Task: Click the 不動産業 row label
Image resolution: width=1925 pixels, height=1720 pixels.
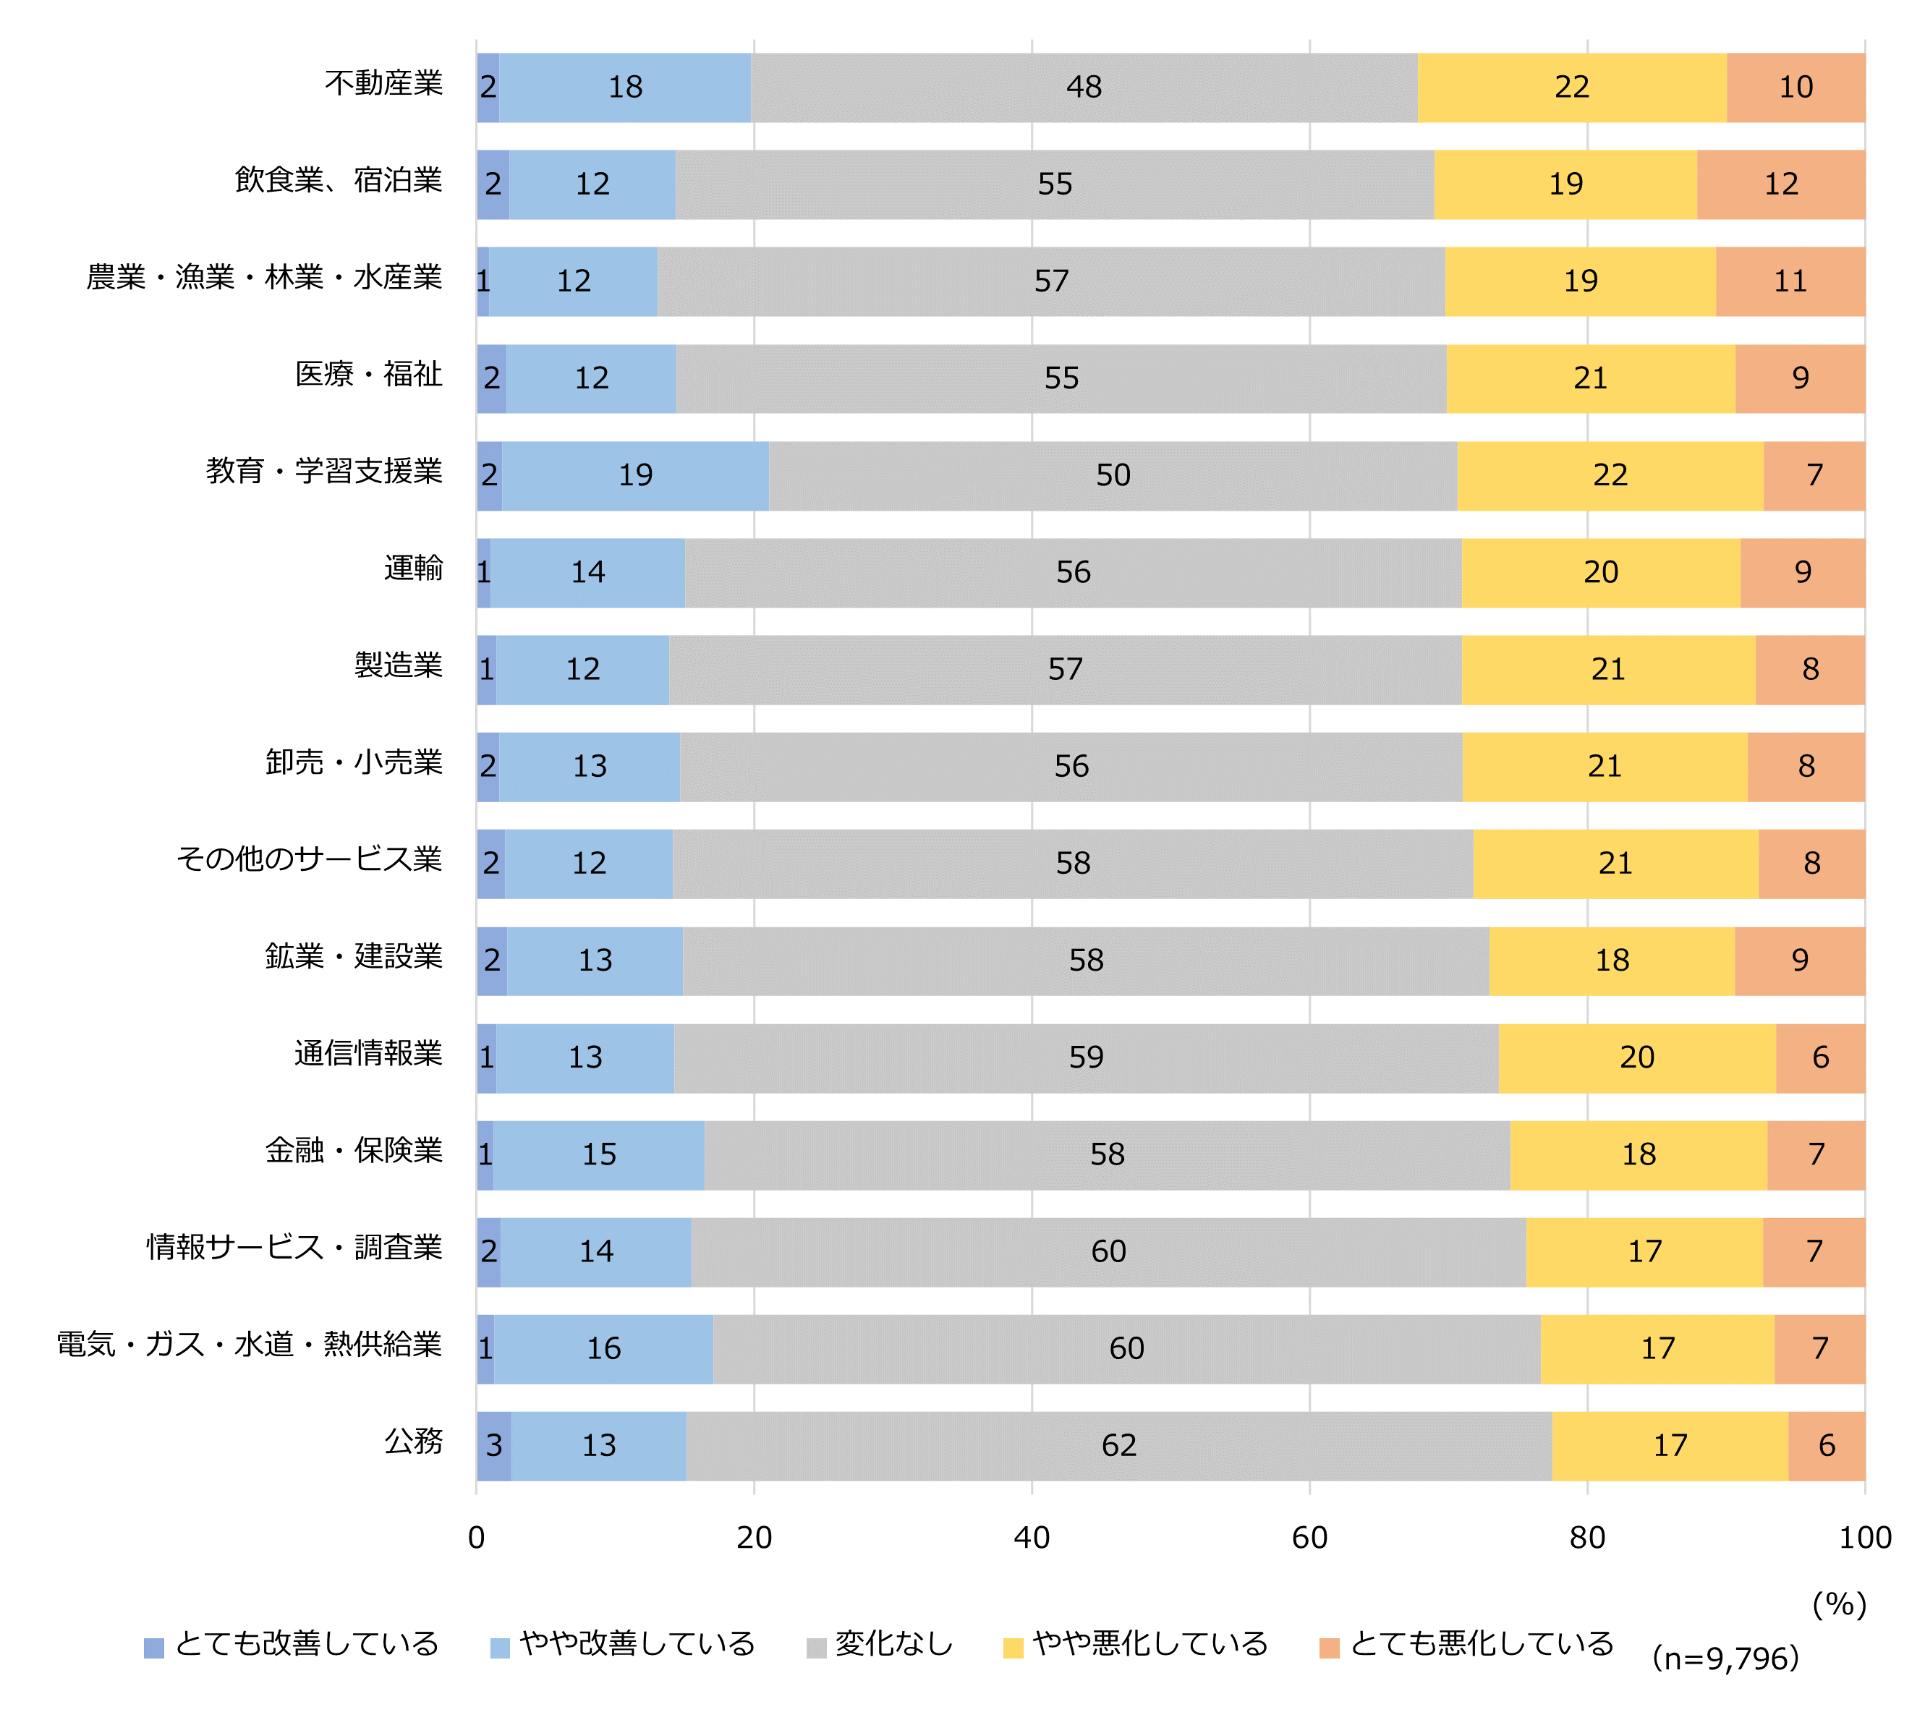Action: pyautogui.click(x=383, y=84)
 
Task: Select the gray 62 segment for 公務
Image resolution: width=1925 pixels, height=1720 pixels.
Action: pyautogui.click(x=1119, y=1445)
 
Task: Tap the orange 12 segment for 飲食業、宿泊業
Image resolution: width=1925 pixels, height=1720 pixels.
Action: pyautogui.click(x=1780, y=184)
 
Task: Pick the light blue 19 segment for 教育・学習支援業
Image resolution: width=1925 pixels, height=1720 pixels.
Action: pyautogui.click(x=635, y=475)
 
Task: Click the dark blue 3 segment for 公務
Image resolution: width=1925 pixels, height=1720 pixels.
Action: pyautogui.click(x=494, y=1445)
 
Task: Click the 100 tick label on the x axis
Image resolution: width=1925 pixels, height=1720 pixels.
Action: pyautogui.click(x=1864, y=1538)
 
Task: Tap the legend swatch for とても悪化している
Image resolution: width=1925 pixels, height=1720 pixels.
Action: pyautogui.click(x=1329, y=1648)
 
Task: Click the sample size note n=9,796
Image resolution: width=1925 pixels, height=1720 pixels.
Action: pyautogui.click(x=1725, y=1659)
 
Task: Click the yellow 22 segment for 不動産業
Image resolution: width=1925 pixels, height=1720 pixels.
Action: pyautogui.click(x=1571, y=87)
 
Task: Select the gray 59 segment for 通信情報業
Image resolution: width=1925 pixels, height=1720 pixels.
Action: pyautogui.click(x=1086, y=1057)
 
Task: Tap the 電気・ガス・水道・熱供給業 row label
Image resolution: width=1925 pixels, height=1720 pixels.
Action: pyautogui.click(x=250, y=1345)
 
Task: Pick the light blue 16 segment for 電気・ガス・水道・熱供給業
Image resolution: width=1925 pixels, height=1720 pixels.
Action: pyautogui.click(x=603, y=1349)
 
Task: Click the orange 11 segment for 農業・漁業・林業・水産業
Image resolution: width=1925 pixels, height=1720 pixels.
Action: pyautogui.click(x=1790, y=281)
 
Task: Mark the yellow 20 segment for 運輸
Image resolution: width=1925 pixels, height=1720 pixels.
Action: pyautogui.click(x=1601, y=573)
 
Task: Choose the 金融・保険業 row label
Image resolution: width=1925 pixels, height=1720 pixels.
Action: pyautogui.click(x=354, y=1151)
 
